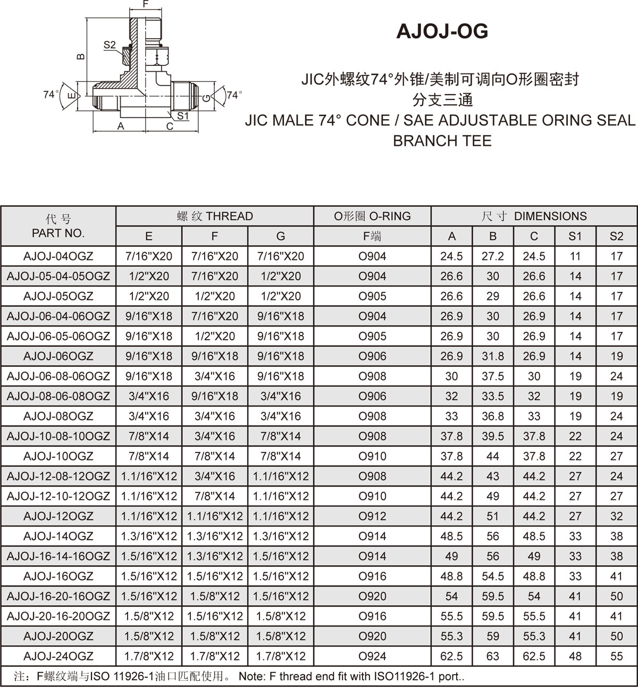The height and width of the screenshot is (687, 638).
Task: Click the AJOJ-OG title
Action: coord(442,32)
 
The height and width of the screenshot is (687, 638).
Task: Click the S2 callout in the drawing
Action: coord(110,45)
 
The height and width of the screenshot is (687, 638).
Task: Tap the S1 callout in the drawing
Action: coord(183,115)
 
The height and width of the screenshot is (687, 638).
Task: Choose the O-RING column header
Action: coord(372,216)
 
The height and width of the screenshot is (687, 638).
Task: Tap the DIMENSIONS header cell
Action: coord(534,216)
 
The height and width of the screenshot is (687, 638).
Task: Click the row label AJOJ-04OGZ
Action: coord(58,256)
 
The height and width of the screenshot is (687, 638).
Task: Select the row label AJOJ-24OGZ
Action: coord(58,656)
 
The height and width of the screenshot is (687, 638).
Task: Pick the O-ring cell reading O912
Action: coord(372,516)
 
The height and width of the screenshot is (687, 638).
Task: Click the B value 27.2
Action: coord(493,256)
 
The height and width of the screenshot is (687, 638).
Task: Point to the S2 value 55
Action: coord(616,656)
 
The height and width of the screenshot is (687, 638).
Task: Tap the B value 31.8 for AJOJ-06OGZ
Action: coord(493,356)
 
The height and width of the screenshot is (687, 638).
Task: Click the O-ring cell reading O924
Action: coord(372,656)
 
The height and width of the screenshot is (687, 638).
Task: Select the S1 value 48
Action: coord(575,656)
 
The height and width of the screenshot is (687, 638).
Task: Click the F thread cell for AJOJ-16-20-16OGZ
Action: coord(215,596)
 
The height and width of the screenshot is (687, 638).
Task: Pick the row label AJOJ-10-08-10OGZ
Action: coord(58,436)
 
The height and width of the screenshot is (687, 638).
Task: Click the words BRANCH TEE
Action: coord(442,141)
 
